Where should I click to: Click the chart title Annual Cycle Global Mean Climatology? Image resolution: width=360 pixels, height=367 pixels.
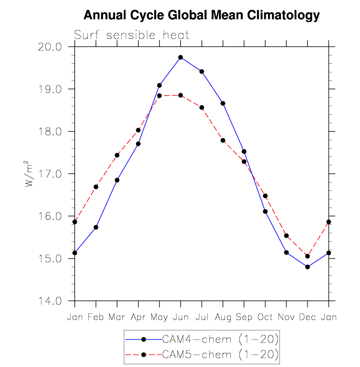[201, 16]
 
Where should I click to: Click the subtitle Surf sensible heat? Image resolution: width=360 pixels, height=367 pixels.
[131, 35]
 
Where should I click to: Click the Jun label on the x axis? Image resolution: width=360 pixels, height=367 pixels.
[180, 317]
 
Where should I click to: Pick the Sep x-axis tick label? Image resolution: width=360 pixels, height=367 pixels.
[244, 317]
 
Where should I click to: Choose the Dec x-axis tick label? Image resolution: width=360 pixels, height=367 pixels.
[307, 317]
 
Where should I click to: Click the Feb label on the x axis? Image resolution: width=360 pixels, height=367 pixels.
[96, 317]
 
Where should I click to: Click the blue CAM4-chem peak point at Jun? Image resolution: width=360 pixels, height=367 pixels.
[181, 57]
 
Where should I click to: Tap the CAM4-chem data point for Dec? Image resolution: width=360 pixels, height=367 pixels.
[307, 267]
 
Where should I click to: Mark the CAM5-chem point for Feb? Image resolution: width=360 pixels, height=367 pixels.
[96, 187]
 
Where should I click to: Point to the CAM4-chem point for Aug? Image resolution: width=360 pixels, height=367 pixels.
[223, 103]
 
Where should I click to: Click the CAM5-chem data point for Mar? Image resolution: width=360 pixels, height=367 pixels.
[117, 155]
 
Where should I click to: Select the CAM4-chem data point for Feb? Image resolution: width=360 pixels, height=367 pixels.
[96, 227]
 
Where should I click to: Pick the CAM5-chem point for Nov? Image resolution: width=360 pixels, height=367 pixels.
[286, 236]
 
